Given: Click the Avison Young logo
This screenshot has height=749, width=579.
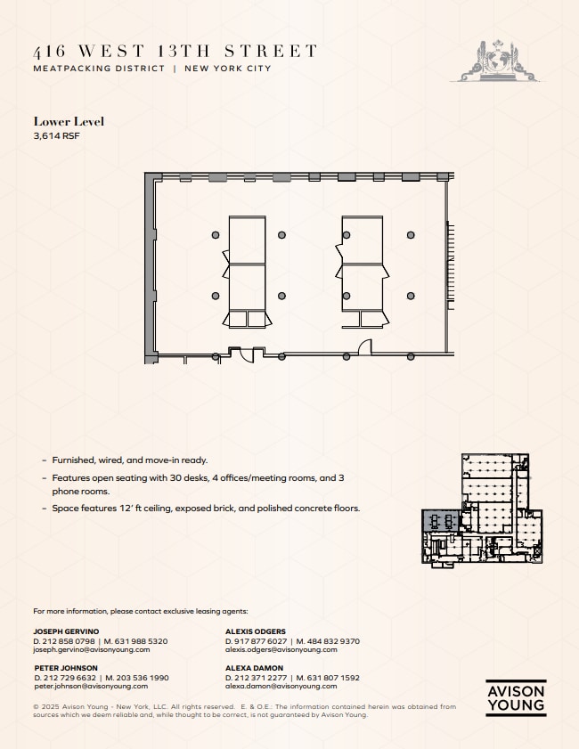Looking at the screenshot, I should point(516,698).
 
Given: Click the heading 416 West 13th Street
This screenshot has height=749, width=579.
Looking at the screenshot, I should point(175,52).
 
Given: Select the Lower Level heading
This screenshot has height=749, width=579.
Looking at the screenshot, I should point(69,121).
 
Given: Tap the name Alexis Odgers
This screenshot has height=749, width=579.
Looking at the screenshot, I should point(256,631).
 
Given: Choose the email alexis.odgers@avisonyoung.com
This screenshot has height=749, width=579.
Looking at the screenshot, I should point(281,650).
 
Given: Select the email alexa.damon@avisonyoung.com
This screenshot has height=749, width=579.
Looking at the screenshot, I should point(281,687).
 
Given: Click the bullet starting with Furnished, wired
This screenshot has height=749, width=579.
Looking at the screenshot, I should point(129,460).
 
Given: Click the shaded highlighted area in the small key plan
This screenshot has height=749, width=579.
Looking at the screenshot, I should point(439,521).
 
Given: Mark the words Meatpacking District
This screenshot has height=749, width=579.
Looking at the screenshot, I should point(99,69).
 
